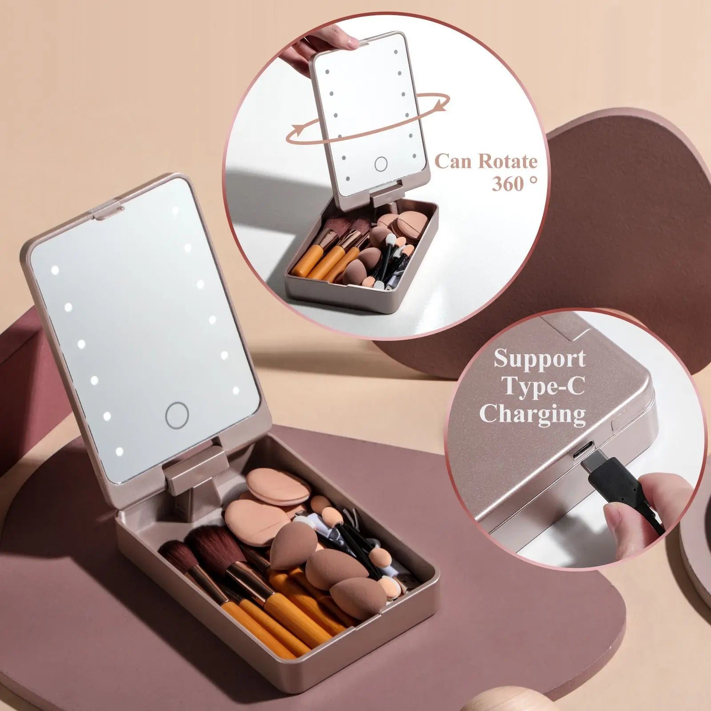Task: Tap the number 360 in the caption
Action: pyautogui.click(x=507, y=184)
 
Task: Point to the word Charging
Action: pyautogui.click(x=532, y=415)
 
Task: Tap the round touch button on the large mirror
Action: pyautogui.click(x=177, y=415)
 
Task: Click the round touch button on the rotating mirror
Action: pyautogui.click(x=381, y=164)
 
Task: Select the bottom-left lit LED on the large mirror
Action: pyautogui.click(x=119, y=452)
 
